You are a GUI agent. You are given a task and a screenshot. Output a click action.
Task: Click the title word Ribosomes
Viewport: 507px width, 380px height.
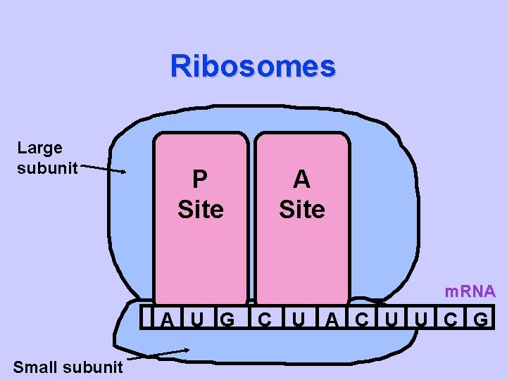click(253, 66)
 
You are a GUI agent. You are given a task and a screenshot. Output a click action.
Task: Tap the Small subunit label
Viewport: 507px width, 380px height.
click(68, 367)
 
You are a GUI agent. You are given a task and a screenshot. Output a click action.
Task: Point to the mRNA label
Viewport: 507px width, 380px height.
click(470, 291)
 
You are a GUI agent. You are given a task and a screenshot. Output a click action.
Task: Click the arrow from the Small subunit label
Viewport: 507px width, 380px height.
click(158, 354)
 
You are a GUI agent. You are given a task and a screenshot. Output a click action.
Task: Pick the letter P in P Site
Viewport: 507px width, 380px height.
click(200, 179)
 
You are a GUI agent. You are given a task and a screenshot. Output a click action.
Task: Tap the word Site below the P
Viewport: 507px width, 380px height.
click(201, 209)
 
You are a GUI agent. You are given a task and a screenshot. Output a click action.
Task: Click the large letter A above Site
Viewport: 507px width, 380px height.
click(301, 179)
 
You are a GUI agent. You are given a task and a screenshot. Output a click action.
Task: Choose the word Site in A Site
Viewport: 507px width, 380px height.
click(301, 209)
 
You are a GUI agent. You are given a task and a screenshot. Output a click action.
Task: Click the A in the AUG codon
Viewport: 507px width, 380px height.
click(168, 319)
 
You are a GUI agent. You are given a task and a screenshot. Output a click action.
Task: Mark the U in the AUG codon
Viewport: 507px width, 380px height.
click(198, 319)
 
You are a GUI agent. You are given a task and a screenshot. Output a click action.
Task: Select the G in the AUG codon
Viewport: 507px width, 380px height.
click(227, 319)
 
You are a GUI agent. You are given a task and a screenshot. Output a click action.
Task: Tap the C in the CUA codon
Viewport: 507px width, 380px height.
click(264, 319)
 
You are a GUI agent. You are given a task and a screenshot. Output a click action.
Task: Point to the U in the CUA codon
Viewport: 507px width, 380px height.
click(299, 319)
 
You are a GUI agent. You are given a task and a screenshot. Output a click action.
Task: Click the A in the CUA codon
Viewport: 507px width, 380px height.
click(332, 319)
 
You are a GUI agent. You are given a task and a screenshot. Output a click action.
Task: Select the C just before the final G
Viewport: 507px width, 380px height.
click(449, 319)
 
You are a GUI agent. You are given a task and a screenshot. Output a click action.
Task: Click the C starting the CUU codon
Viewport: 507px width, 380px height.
click(361, 319)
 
